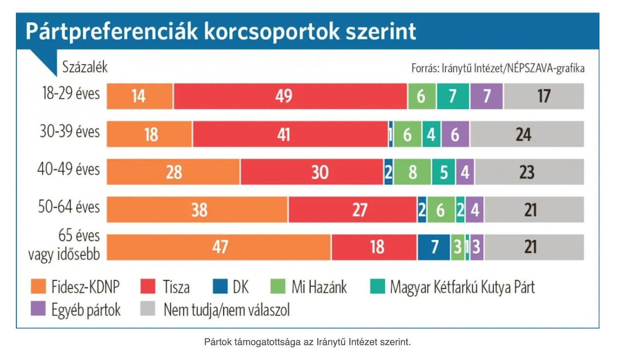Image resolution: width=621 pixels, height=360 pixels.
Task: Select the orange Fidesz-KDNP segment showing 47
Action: tap(219, 247)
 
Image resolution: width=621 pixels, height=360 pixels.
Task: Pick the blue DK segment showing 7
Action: tap(434, 247)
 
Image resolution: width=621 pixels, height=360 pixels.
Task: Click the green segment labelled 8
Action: tap(412, 172)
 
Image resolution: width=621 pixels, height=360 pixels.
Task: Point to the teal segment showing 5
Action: tap(444, 172)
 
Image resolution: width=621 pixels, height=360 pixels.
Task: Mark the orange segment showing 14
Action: tap(139, 96)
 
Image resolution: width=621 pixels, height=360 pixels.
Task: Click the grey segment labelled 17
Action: tap(543, 96)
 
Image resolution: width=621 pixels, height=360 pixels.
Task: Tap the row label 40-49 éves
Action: tap(69, 169)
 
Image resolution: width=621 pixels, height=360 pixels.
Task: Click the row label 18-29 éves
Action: tap(71, 94)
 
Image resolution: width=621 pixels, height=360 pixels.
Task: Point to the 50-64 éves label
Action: tap(69, 207)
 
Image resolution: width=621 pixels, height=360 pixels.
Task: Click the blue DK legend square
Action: tap(220, 287)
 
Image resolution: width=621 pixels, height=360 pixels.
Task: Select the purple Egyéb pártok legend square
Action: tap(38, 309)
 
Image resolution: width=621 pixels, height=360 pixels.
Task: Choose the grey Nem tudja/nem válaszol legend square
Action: tap(147, 309)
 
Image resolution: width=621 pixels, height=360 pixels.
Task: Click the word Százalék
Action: tap(85, 67)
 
